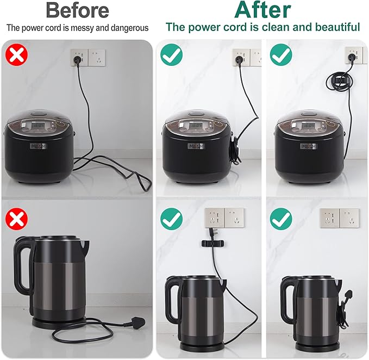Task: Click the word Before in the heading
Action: (77, 10)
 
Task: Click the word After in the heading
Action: (262, 10)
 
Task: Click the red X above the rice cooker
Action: (17, 55)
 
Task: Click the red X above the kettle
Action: (17, 219)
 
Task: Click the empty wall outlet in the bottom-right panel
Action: (340, 218)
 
